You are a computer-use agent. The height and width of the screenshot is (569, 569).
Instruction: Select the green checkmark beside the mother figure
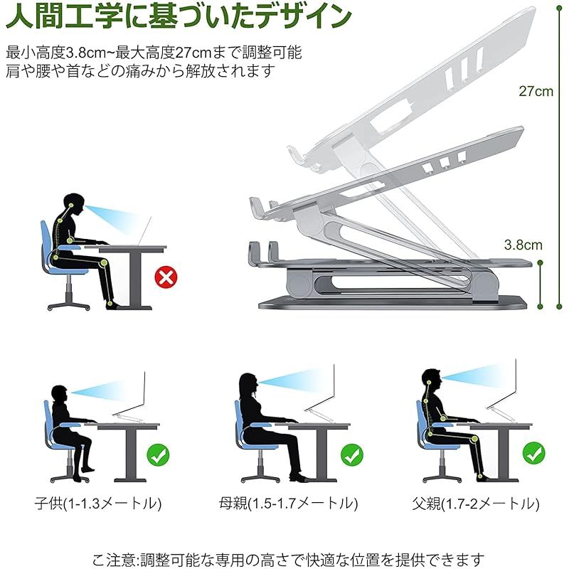click(x=351, y=454)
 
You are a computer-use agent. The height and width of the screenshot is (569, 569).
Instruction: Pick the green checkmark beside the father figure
click(x=534, y=452)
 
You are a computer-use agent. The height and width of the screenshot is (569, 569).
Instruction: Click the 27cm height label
click(x=536, y=92)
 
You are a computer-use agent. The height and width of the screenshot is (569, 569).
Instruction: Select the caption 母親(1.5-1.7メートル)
click(x=288, y=504)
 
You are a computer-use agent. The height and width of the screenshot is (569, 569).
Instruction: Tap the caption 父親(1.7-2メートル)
click(x=475, y=504)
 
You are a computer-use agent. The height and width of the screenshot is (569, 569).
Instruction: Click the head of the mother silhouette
click(x=248, y=384)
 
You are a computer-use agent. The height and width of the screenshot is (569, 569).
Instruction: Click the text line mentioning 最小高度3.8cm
click(x=154, y=52)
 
